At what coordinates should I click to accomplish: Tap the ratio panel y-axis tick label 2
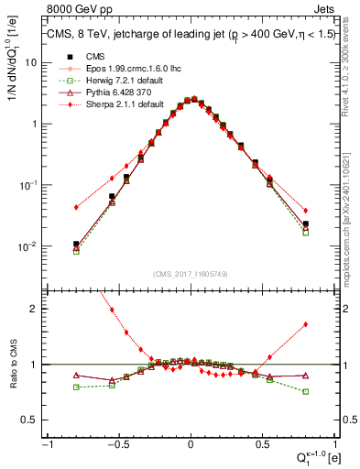34,309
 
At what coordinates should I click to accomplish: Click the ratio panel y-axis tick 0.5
30,420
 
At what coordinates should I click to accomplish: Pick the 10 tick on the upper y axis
31,62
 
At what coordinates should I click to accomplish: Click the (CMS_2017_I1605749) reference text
190,274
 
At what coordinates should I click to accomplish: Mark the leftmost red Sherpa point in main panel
76,207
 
